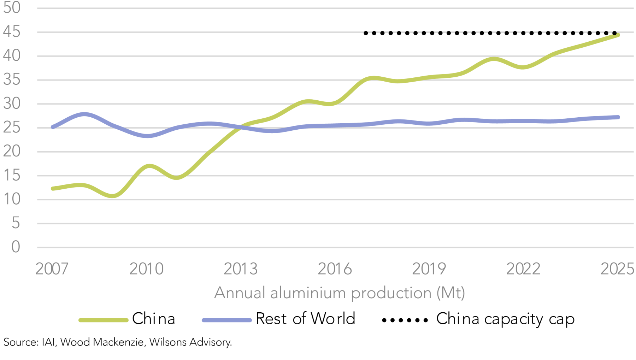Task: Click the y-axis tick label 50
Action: click(x=12, y=8)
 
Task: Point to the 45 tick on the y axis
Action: click(x=12, y=32)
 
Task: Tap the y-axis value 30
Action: click(x=12, y=104)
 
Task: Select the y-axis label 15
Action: click(x=12, y=176)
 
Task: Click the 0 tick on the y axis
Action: click(x=16, y=247)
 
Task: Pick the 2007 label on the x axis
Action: click(x=52, y=269)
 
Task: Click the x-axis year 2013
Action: click(x=241, y=269)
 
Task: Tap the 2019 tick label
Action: click(x=429, y=269)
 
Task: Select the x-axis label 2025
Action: click(x=617, y=269)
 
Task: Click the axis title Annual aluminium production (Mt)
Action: click(x=340, y=293)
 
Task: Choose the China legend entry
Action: click(x=153, y=319)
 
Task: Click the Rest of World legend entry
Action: click(x=305, y=319)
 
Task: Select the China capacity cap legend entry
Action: click(x=505, y=319)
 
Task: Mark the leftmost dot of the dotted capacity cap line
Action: click(x=366, y=33)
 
